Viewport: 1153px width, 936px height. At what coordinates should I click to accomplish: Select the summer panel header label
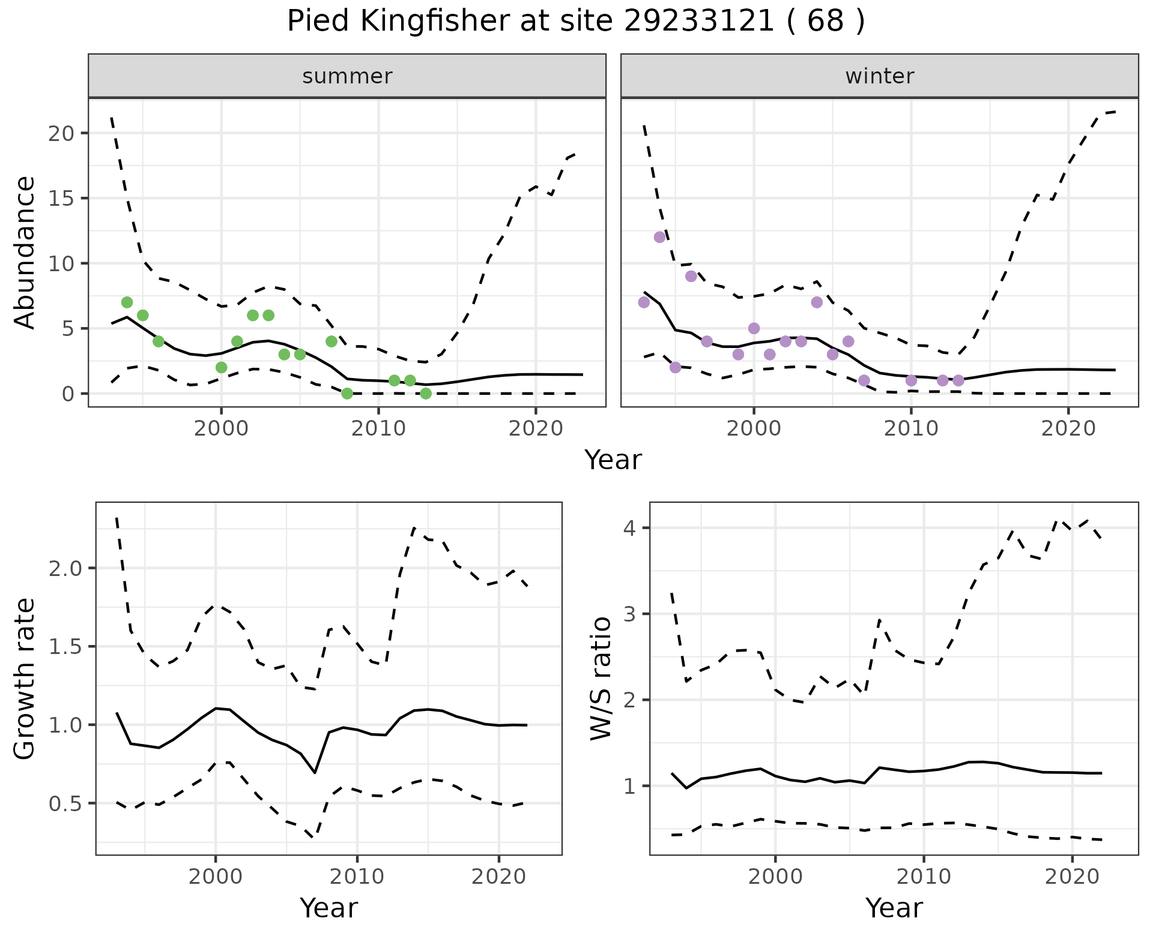click(x=347, y=76)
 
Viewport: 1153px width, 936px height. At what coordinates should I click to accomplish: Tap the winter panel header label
click(x=879, y=76)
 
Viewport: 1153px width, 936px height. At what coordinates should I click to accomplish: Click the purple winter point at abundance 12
click(x=659, y=237)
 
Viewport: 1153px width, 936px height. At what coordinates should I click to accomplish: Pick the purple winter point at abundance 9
click(x=691, y=276)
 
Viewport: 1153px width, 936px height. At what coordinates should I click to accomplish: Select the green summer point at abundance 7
click(x=127, y=302)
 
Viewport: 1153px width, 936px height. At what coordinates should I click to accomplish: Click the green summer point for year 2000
click(x=221, y=367)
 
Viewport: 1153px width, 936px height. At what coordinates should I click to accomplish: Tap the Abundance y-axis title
click(x=25, y=253)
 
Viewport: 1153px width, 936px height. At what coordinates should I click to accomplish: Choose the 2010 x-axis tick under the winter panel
click(x=911, y=430)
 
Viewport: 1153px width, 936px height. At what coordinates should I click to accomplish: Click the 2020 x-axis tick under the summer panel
click(x=536, y=430)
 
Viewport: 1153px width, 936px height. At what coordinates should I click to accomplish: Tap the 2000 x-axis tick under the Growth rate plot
click(x=216, y=877)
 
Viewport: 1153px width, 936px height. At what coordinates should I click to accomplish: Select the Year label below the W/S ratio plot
click(x=894, y=908)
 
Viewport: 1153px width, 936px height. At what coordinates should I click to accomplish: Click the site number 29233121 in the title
click(x=698, y=22)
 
